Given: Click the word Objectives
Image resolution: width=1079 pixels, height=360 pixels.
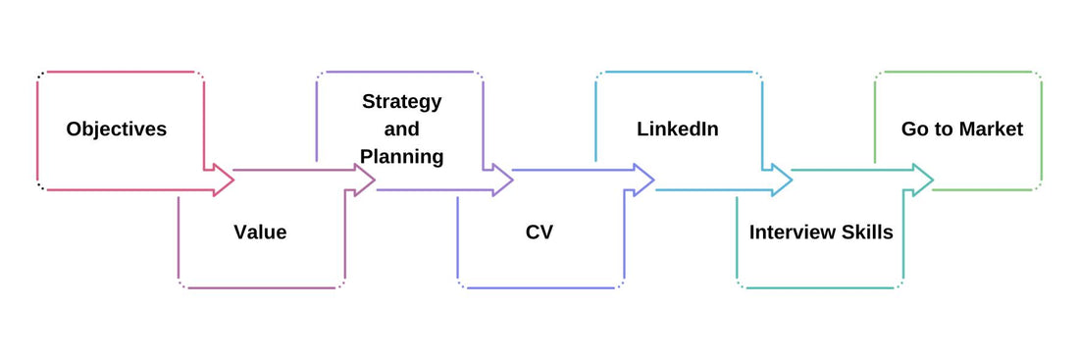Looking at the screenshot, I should [x=116, y=129].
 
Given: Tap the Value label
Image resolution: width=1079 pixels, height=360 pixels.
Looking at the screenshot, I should [x=260, y=232].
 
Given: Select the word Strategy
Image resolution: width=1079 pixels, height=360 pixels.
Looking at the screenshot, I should [x=401, y=101].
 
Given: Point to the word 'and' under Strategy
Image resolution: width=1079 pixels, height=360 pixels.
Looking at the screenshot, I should [x=401, y=129].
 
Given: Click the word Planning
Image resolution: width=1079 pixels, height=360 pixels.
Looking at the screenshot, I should [x=401, y=156].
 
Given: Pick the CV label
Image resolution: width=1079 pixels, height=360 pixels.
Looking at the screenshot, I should [x=539, y=232].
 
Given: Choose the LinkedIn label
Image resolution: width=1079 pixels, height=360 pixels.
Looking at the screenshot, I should [x=678, y=129].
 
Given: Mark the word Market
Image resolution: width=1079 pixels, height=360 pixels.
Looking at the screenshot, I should [x=991, y=129].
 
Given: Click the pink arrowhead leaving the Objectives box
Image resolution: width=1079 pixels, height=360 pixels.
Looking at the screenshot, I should [x=224, y=180].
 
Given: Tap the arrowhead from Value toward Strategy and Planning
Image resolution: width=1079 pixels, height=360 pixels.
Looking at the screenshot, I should [x=365, y=180].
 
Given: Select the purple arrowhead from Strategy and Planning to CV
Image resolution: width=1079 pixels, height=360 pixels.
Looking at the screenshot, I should [x=502, y=180].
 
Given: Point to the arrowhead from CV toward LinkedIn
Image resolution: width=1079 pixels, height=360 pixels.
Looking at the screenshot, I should [x=643, y=180].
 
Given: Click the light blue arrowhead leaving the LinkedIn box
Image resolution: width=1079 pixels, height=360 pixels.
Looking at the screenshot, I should [x=782, y=180].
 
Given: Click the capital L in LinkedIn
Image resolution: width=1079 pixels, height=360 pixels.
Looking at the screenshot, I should [x=642, y=129].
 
